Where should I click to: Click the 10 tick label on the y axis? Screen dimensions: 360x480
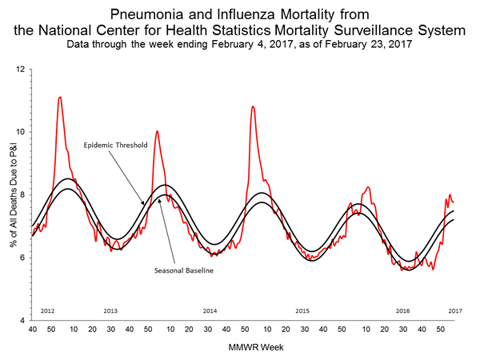tap(21, 132)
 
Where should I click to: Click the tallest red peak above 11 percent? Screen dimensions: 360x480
tap(60, 98)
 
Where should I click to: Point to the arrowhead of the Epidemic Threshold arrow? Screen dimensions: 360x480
tap(146, 205)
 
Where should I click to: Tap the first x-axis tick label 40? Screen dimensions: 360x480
tap(32, 329)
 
